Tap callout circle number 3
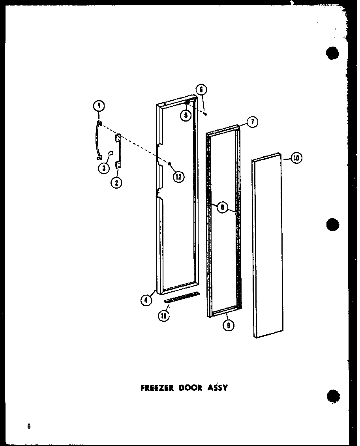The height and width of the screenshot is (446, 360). point(104,168)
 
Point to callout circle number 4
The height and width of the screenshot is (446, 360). point(146,300)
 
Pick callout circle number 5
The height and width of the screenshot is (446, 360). point(186,115)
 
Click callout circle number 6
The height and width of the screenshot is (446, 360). point(201,90)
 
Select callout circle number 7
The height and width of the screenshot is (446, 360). point(252,122)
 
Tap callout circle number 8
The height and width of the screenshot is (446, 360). point(223,208)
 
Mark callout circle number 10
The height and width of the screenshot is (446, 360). point(296,158)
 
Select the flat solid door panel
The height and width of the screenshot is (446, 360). point(268,245)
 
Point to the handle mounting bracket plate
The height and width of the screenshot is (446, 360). point(118,151)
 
